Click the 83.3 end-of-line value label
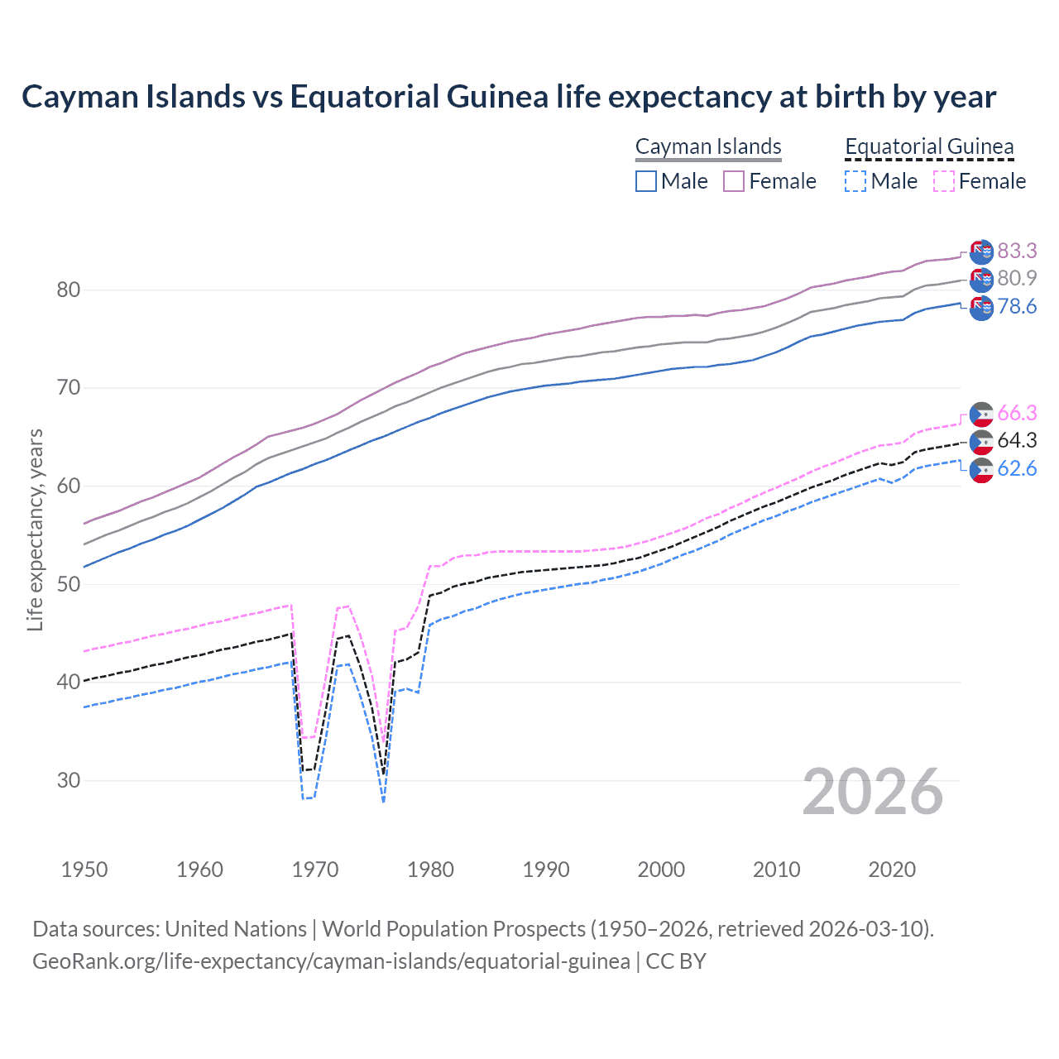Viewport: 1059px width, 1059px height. click(1017, 251)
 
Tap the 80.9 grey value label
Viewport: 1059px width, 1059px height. click(1017, 278)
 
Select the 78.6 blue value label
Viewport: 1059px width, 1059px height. click(1017, 306)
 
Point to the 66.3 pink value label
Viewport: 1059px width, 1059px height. click(1017, 413)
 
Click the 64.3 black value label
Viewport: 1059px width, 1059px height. click(1017, 440)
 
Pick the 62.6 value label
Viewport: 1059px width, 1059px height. click(1017, 468)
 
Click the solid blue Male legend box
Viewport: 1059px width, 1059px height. click(646, 181)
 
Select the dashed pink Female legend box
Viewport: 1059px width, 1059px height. click(944, 181)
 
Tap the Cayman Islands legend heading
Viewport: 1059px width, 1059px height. click(708, 146)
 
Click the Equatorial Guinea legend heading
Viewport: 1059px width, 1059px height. click(929, 146)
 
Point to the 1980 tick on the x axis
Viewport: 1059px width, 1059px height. click(430, 870)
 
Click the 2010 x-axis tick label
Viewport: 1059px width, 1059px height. click(776, 870)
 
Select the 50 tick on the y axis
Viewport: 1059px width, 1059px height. click(69, 584)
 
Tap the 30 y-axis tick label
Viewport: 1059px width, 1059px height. click(69, 780)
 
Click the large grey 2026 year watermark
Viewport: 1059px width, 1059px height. click(873, 792)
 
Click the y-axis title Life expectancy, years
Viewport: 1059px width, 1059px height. click(35, 529)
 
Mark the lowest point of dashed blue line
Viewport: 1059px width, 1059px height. click(383, 802)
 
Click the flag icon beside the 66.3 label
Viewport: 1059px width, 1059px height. click(981, 414)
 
